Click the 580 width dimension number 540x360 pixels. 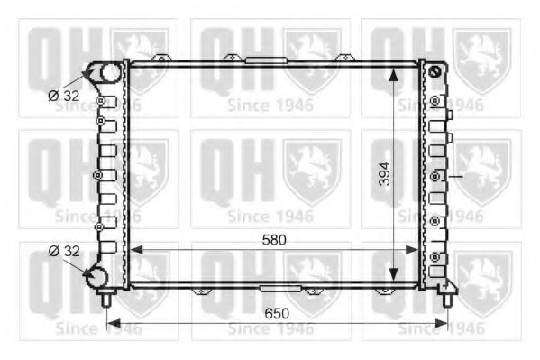click(274, 240)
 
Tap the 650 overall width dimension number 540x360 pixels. click(277, 313)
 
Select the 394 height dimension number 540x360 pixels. click(385, 174)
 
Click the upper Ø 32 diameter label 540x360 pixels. click(64, 96)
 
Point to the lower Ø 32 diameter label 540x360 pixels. click(64, 251)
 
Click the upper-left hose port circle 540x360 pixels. click(111, 72)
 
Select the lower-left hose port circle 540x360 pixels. click(96, 277)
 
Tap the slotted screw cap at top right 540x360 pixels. click(435, 71)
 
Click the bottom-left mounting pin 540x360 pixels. click(106, 298)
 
